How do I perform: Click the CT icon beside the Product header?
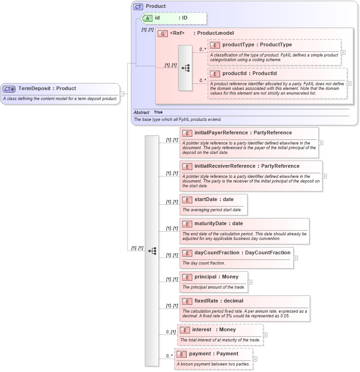pos(138,6)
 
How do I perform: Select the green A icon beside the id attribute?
pos(147,18)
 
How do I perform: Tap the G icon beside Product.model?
pos(163,33)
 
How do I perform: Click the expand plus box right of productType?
pos(343,52)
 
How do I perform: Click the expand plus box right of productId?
pos(349,83)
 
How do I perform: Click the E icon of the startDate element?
pos(187,200)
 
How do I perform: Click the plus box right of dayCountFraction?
pos(296,258)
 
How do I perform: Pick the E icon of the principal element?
pos(187,277)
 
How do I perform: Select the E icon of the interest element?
pos(184,330)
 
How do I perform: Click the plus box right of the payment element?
pos(255,359)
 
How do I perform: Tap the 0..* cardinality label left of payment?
pos(169,356)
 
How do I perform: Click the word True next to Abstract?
pos(158,112)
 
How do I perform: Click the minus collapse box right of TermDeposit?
pos(122,94)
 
